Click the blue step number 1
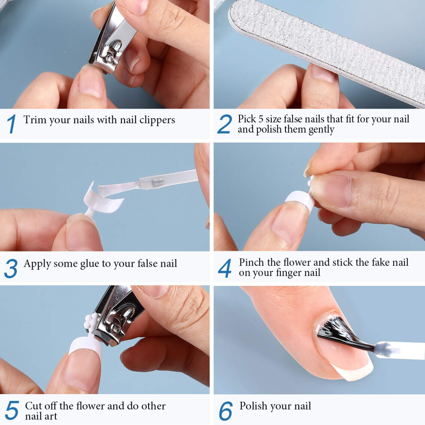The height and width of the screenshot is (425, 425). point(12,124)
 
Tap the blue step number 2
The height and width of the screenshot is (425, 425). point(225,124)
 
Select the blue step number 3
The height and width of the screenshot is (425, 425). point(11,268)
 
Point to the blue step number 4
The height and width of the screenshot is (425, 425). point(225,268)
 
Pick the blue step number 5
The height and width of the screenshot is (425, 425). point(12,410)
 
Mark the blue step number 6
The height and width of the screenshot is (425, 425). point(225,411)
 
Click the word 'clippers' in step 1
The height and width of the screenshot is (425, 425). point(157,120)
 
